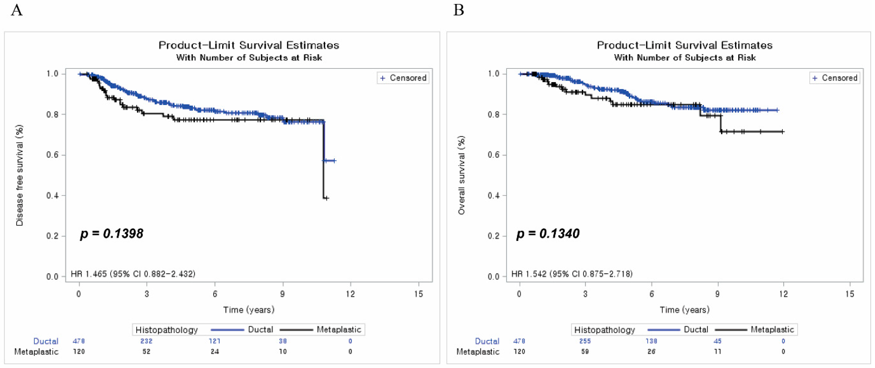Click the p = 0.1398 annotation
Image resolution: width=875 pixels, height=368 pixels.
click(112, 234)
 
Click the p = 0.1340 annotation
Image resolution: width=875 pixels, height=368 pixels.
click(548, 234)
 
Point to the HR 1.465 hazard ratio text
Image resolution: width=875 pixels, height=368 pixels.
click(133, 274)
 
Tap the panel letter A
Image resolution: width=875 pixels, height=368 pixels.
click(17, 10)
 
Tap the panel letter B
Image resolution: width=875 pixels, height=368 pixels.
click(459, 10)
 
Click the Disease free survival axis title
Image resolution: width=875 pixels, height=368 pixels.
click(20, 175)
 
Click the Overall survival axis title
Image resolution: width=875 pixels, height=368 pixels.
click(461, 175)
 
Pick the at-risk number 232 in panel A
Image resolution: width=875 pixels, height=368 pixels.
click(146, 341)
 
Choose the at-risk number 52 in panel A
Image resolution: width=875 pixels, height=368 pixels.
click(146, 351)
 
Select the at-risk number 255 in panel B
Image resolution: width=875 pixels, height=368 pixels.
click(585, 341)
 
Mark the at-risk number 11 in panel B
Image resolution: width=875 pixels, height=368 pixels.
click(717, 351)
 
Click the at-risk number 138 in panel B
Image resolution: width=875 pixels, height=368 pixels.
click(651, 341)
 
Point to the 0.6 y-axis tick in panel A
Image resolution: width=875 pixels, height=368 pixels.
click(53, 155)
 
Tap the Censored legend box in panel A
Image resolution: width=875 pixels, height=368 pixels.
click(403, 78)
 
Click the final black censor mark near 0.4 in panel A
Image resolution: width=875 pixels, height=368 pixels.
click(326, 198)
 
